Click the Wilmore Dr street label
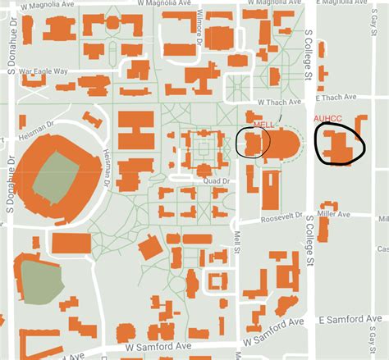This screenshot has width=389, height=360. [200, 25]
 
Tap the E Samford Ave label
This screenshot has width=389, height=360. [352, 319]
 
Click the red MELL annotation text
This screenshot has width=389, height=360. [263, 125]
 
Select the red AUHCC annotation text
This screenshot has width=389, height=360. [327, 120]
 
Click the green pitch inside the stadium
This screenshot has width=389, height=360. [50, 178]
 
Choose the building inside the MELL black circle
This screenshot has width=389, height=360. [253, 144]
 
